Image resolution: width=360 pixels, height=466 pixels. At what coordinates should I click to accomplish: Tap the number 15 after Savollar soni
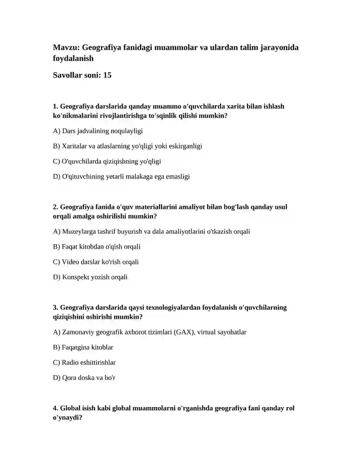(x=107, y=75)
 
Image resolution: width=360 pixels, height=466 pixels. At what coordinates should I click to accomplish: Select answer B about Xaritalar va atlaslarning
(x=127, y=146)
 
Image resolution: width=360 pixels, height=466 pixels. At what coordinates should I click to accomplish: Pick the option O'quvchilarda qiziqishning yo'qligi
(x=107, y=161)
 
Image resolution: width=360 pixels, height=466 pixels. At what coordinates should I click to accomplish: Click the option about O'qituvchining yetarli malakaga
(x=121, y=176)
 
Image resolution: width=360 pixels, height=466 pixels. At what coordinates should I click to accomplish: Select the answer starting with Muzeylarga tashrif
(x=151, y=231)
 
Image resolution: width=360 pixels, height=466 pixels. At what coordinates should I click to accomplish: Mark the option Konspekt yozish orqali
(x=90, y=277)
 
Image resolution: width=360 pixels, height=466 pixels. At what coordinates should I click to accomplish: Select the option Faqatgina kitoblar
(x=83, y=347)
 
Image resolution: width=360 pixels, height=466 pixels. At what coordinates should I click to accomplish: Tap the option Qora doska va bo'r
(x=84, y=377)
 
